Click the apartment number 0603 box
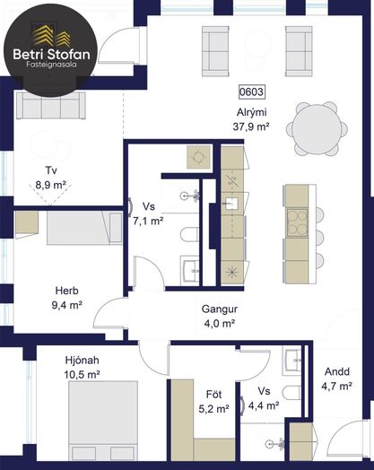[252, 91]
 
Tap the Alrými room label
[252, 113]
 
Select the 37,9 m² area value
[251, 126]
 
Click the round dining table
[317, 129]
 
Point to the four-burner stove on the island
[298, 222]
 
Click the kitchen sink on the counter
[230, 204]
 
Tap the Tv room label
[51, 170]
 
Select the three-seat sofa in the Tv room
[51, 105]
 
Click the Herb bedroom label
[67, 291]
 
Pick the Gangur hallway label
[220, 309]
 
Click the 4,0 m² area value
[219, 324]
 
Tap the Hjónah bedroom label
[83, 361]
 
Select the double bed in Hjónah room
[103, 421]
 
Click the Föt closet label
[214, 395]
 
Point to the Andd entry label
[337, 372]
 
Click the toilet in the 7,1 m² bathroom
[190, 235]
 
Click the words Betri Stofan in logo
[51, 55]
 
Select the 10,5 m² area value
[82, 374]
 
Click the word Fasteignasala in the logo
[51, 65]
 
